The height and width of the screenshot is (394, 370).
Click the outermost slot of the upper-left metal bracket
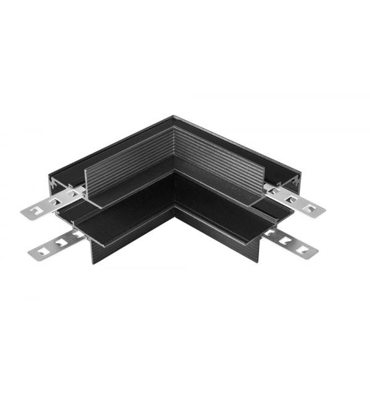click(x=36, y=212)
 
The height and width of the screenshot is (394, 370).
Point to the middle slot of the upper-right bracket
click(x=295, y=201)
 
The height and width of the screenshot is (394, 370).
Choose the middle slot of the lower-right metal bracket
click(x=288, y=241)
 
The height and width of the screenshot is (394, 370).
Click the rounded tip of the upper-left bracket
click(x=24, y=213)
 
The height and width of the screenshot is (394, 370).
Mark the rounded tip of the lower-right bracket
click(x=315, y=251)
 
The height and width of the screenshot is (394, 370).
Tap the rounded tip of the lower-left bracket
click(x=28, y=253)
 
